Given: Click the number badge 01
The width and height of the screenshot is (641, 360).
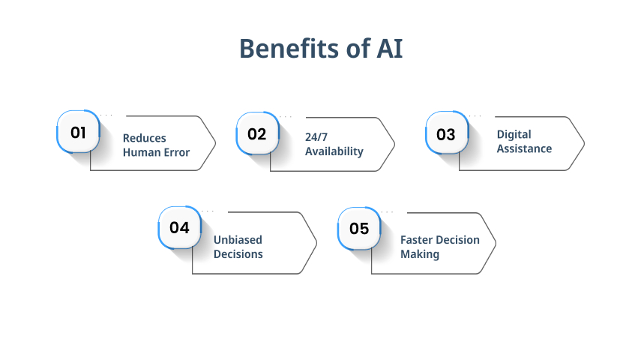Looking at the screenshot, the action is coord(78,132).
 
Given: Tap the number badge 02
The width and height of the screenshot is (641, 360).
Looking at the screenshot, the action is coord(258,133).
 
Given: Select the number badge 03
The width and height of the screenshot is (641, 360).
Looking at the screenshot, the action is coord(447,133).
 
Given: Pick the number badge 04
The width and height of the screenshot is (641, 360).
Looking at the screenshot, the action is coord(180,227).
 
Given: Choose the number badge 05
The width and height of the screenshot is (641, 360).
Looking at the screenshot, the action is coord(359,228).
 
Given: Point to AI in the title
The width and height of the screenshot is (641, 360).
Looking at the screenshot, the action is coord(390,48).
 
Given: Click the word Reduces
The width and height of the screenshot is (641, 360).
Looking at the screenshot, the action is coord(144,138).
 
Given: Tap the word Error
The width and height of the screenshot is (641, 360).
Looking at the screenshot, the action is coord(177,152).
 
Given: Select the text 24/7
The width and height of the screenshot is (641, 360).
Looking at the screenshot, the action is coord(316,137).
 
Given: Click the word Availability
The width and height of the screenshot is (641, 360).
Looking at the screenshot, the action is coord(334,151).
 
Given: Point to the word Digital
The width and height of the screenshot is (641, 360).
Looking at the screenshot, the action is coord(514,135).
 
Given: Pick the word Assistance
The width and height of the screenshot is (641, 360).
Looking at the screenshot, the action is coord(524,148).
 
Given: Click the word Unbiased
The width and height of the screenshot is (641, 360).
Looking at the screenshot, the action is coord(238,240).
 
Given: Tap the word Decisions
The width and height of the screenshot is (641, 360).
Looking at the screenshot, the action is coord(238,254).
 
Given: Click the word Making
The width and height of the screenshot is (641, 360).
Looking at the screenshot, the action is coord(420,254).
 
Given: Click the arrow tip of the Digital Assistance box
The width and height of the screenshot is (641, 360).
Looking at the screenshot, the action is coord(585,143).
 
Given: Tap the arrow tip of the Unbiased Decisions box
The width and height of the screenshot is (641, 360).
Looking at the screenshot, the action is coord(317,243).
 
